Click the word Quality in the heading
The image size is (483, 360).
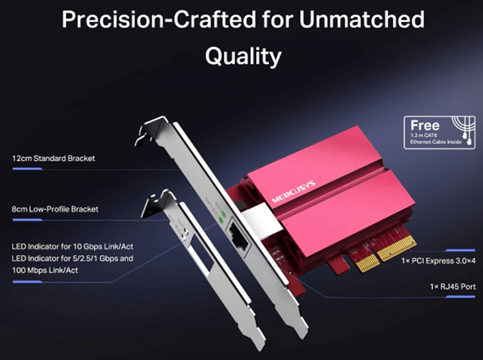coord(243,56)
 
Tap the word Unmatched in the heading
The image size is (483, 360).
coord(362,20)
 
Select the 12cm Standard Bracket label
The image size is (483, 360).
coord(54,158)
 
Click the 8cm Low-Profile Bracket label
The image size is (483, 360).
coord(55,209)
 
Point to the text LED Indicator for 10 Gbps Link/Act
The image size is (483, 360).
coord(72,247)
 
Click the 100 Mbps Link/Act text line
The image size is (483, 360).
coord(45,270)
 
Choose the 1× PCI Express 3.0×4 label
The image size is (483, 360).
coord(438,261)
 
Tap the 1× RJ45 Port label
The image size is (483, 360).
coord(453,287)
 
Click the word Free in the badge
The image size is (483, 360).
coord(425,126)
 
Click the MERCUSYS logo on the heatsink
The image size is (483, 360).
coord(294,191)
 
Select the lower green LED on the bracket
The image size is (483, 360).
coord(220,220)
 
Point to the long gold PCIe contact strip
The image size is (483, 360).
coord(397,248)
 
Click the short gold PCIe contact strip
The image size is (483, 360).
coord(369,263)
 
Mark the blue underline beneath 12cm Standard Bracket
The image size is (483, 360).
coord(27,169)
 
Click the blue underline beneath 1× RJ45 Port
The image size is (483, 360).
coord(461,297)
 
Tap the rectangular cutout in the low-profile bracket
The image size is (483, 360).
coord(201,252)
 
